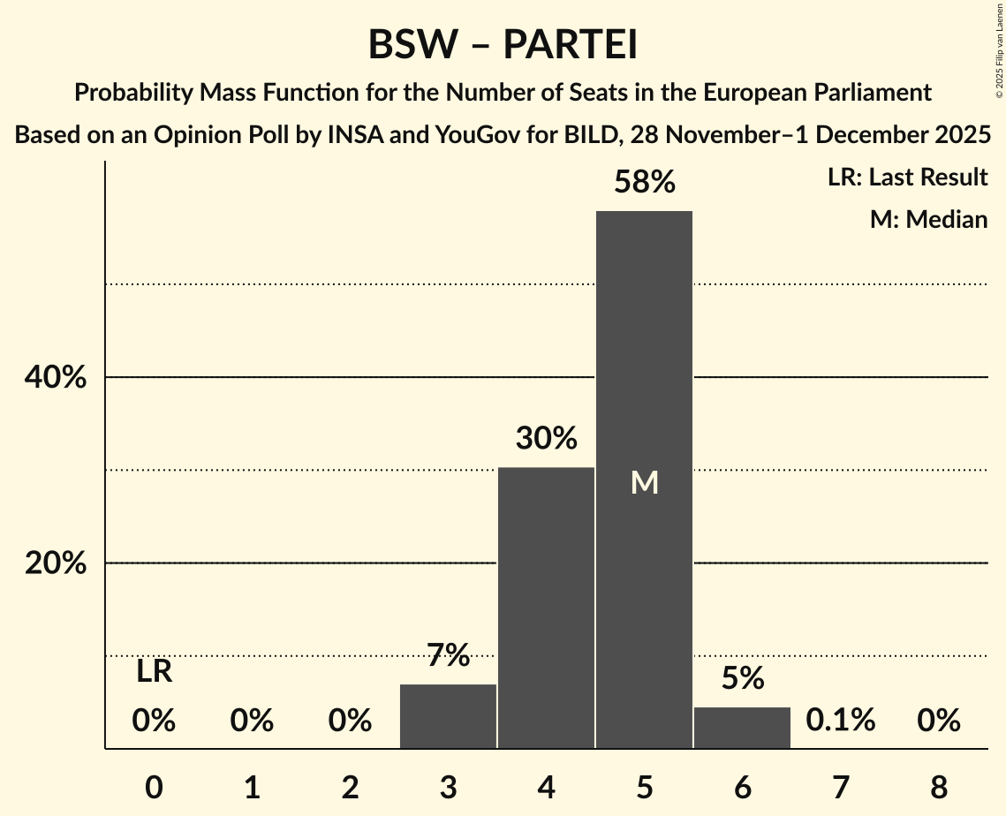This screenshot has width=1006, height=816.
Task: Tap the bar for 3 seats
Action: [448, 716]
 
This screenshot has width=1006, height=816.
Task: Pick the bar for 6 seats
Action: [742, 728]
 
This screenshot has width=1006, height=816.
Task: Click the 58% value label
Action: [644, 183]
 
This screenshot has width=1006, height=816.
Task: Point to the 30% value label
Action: [546, 438]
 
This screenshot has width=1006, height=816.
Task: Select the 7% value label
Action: [448, 655]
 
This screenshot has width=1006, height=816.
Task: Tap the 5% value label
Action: [742, 678]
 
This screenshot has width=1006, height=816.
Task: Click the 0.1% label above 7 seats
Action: [840, 721]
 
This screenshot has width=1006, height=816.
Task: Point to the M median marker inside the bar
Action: [645, 482]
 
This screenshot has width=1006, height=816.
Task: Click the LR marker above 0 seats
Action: [154, 672]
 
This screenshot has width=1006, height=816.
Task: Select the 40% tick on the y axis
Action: [55, 378]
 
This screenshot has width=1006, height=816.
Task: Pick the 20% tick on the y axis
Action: [55, 563]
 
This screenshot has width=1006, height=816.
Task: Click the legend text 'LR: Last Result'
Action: [907, 178]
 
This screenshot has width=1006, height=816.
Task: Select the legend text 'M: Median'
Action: [928, 219]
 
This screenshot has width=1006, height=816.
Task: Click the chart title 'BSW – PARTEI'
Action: [503, 45]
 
